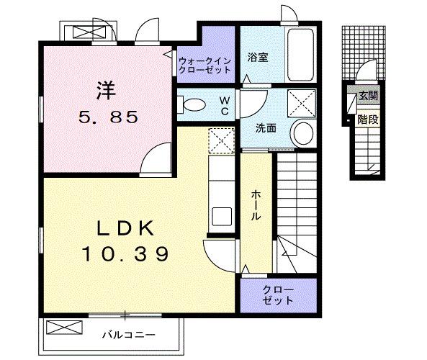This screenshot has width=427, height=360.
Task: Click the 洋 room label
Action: click(x=107, y=90)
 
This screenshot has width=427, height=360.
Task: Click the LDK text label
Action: click(x=125, y=228)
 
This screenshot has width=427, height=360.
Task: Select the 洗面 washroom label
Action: click(x=266, y=129)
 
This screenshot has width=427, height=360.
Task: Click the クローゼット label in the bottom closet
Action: click(x=279, y=295)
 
